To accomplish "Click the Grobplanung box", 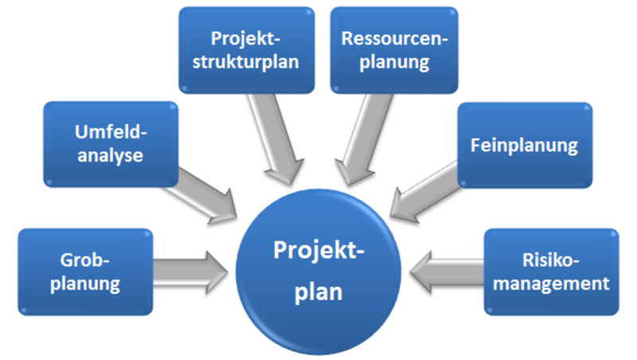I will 84,271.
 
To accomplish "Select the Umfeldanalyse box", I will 109,143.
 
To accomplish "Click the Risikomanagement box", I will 551,271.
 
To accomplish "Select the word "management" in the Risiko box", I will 551,282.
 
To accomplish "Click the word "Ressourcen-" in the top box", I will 395,37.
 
